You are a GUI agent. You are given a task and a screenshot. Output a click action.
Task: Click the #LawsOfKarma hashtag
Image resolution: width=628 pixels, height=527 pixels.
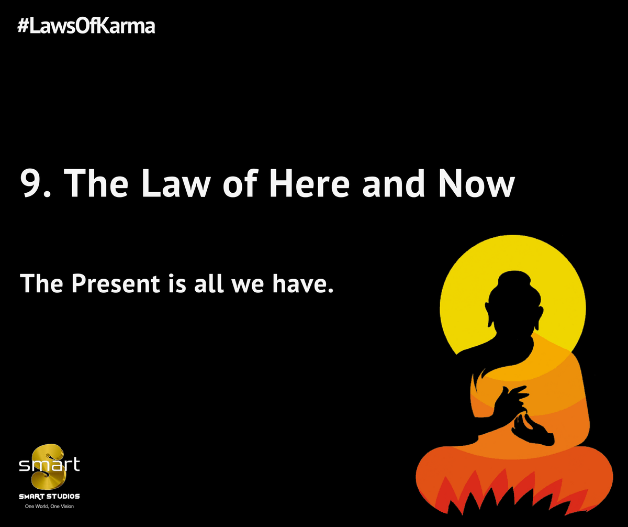pos(86,26)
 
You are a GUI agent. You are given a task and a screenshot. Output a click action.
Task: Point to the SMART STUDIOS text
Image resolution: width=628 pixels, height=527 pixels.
pos(49,496)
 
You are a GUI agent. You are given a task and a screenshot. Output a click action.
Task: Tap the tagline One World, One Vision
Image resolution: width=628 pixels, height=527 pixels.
pos(49,507)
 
